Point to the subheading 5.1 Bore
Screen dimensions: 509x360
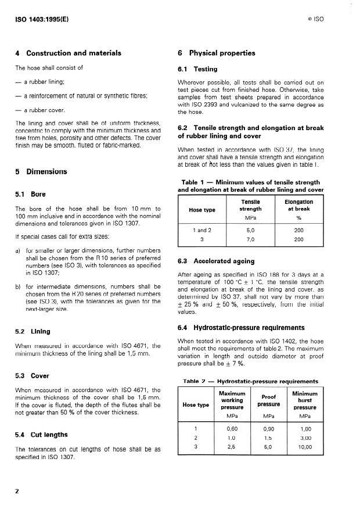point(30,194)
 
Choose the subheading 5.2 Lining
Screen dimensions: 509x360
point(33,331)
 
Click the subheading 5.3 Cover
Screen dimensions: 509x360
point(32,375)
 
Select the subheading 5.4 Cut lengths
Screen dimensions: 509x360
point(41,435)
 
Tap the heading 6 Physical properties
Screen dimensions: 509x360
point(217,53)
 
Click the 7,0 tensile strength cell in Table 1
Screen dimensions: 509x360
point(250,239)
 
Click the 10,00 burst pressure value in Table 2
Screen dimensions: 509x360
point(304,447)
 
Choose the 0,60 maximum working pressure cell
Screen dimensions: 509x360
point(232,428)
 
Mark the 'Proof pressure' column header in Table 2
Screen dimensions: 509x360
point(269,400)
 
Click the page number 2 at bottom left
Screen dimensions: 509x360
point(17,491)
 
